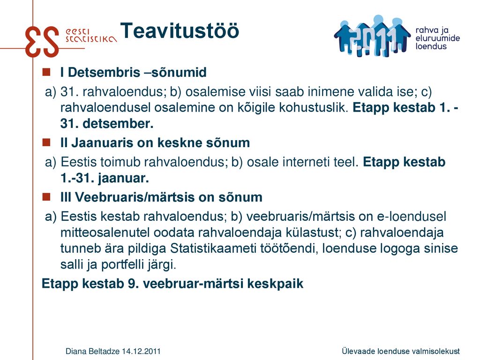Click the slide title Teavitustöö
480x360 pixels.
click(180, 30)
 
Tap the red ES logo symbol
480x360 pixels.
click(42, 41)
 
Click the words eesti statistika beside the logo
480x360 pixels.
click(91, 36)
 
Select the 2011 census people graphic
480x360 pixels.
click(372, 36)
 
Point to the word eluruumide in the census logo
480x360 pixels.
click(437, 38)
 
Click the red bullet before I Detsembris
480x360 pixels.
click(46, 72)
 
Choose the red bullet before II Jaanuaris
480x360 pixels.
click(46, 142)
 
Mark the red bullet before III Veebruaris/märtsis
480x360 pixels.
click(46, 196)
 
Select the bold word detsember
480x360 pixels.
click(118, 124)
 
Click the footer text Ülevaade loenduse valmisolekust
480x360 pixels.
click(401, 351)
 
